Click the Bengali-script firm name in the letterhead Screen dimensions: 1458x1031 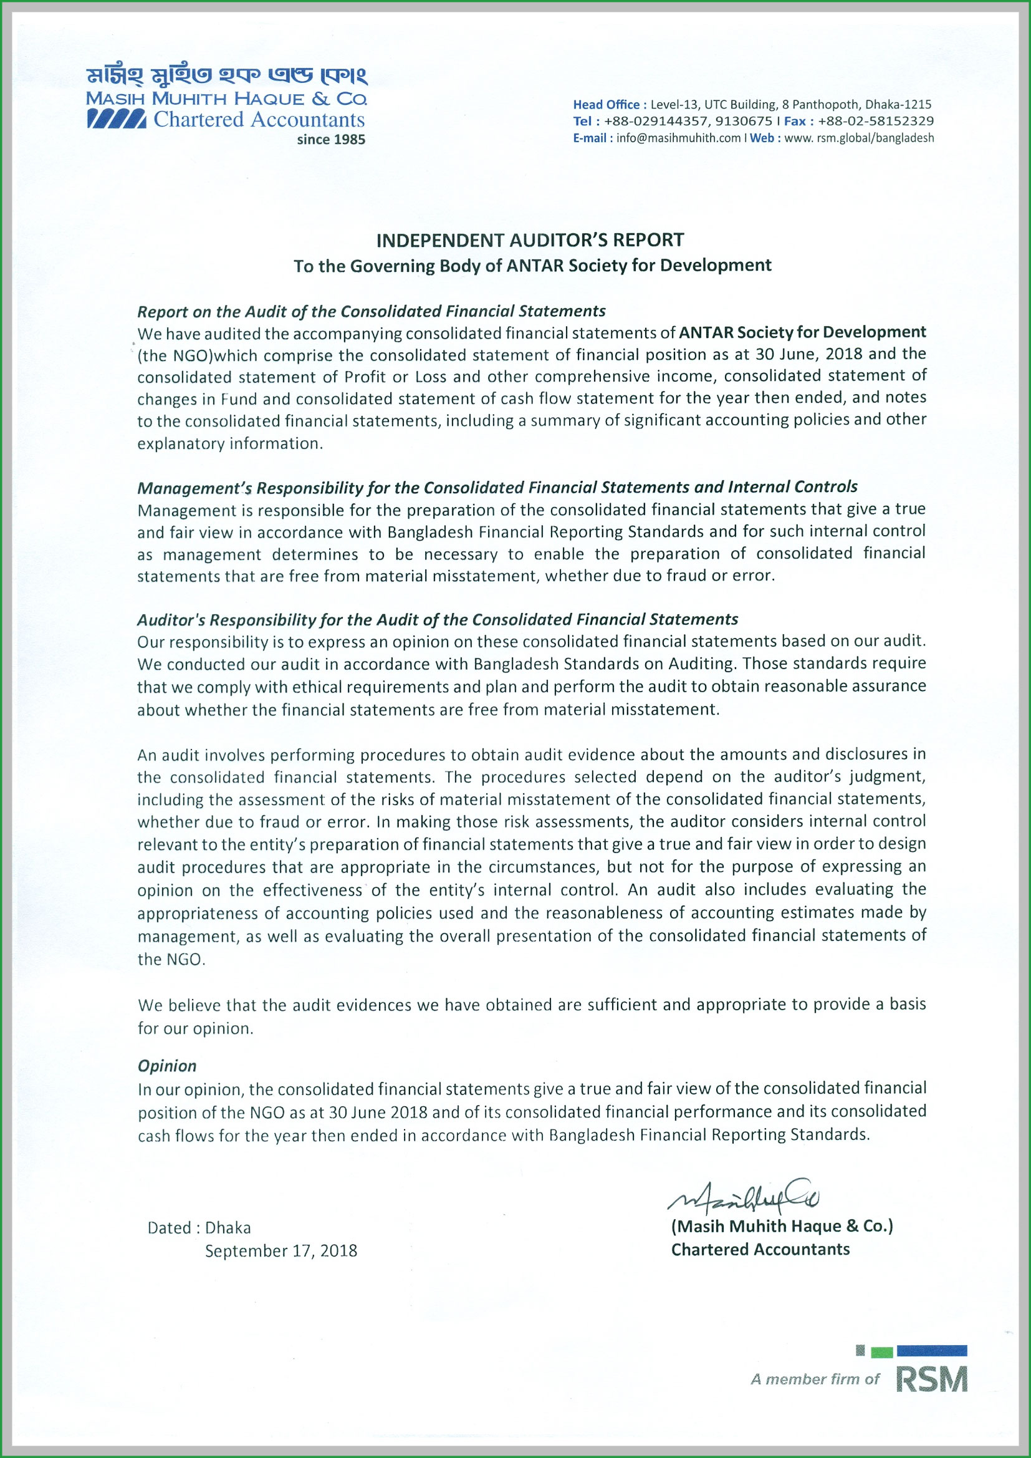tap(227, 77)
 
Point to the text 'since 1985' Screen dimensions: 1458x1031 tap(331, 140)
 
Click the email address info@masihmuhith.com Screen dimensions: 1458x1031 tap(679, 138)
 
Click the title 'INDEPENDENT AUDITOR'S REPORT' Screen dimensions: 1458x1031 tap(530, 240)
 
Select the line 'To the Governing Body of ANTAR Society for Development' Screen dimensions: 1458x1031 tap(532, 266)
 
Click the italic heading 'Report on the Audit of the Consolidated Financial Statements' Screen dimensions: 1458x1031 tap(372, 311)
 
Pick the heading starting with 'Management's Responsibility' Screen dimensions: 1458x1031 tap(497, 487)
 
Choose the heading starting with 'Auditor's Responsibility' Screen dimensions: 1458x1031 tap(438, 619)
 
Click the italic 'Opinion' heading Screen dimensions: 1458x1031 tap(167, 1066)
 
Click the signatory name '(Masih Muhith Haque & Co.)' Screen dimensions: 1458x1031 tap(782, 1225)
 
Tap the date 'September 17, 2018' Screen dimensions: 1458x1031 tap(281, 1250)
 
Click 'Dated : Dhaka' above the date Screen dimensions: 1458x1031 tap(199, 1227)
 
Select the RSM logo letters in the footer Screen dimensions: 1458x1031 tap(931, 1381)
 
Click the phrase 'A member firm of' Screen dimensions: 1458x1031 tap(815, 1379)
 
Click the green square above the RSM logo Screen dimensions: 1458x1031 tap(882, 1353)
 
